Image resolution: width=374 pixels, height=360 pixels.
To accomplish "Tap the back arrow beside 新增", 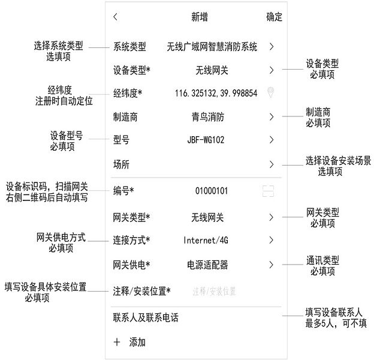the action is point(116,17).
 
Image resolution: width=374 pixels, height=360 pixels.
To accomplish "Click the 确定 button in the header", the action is point(275,17).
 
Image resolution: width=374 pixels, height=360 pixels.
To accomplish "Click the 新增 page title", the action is point(200,17).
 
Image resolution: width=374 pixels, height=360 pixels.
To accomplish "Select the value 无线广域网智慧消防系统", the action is point(212,47).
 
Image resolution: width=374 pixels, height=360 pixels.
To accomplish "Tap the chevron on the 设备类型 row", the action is point(272,70).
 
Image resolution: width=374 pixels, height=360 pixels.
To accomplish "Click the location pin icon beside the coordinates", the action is point(270,92).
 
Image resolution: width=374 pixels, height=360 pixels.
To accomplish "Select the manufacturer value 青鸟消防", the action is point(208,117).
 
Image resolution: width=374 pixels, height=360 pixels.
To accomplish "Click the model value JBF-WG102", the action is point(206,140).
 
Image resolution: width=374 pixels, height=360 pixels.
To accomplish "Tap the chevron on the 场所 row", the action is point(272,164).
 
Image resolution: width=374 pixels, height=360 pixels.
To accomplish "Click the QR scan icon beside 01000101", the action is point(268,191).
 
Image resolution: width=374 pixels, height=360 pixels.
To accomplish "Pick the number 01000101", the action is point(212,191).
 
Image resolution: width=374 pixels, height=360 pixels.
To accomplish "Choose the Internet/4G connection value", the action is point(206,240).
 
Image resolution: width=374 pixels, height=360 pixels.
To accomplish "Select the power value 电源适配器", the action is point(207,265).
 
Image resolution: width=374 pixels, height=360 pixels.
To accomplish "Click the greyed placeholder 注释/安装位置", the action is point(214,291).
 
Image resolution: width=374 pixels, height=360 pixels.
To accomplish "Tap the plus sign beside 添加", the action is point(117,342).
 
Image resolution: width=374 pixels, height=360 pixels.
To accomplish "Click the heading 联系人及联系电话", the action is point(146,317).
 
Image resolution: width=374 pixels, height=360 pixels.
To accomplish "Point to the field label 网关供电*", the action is point(131,265).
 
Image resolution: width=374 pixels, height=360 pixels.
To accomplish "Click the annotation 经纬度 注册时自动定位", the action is point(64,95).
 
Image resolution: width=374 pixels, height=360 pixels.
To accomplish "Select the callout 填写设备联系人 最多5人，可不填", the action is point(336,318).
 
